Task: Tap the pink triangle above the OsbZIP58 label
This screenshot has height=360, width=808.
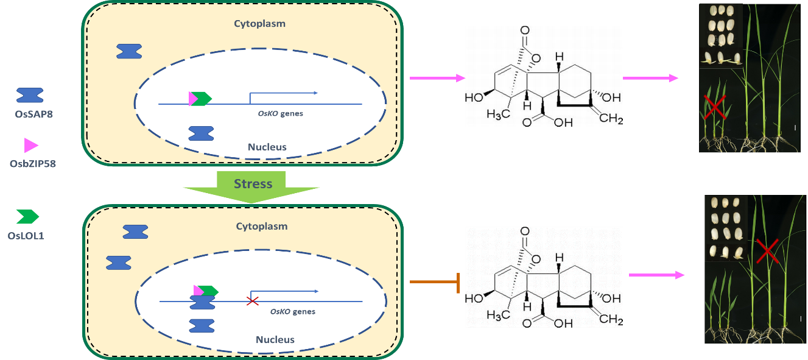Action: coord(31,145)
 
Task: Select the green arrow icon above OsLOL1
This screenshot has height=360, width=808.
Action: coord(28,216)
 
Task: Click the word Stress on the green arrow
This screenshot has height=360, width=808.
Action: coord(253,183)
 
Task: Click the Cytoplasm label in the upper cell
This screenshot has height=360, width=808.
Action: coord(259,24)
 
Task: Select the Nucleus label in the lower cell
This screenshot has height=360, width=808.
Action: coord(275,339)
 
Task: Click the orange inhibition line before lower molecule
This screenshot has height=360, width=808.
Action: coord(434,282)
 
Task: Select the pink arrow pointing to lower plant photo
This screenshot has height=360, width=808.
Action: coord(656,275)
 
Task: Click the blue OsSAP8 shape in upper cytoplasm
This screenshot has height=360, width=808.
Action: coord(129,52)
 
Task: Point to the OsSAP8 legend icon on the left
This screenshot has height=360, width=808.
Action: coord(30,95)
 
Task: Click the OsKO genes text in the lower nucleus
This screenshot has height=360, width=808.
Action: coord(293,311)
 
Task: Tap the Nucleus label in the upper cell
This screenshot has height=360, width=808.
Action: coord(267,147)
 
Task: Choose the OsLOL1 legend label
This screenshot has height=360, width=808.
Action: coord(27,235)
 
